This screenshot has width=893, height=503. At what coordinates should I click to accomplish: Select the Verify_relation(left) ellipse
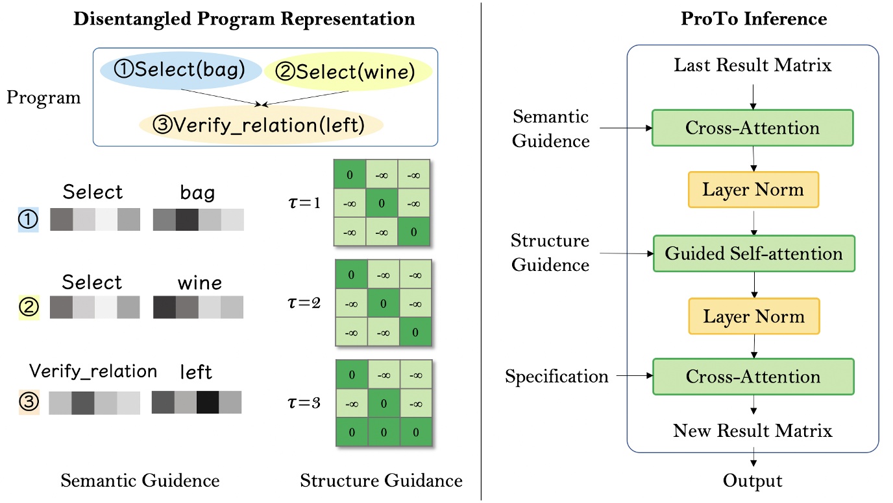click(262, 124)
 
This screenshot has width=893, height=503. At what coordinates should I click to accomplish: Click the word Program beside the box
click(44, 99)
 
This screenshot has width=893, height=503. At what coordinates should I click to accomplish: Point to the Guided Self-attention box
click(753, 253)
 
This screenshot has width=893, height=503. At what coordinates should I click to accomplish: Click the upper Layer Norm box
click(753, 190)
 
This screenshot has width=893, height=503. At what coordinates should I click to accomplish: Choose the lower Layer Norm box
click(753, 316)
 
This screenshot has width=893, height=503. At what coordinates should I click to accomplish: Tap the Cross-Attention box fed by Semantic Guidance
click(753, 128)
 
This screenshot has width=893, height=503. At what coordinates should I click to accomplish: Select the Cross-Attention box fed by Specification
click(753, 377)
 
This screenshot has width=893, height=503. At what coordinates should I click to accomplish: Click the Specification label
click(557, 377)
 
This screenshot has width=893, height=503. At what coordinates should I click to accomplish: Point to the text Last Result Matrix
click(753, 65)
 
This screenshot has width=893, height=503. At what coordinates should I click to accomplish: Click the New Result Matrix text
click(753, 430)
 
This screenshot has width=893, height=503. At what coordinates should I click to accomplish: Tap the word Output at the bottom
click(753, 481)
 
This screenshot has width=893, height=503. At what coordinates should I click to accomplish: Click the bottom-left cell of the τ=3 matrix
click(351, 431)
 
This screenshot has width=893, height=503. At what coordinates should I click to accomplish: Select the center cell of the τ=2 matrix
click(384, 303)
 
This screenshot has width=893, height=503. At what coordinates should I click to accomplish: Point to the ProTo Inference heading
click(753, 19)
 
